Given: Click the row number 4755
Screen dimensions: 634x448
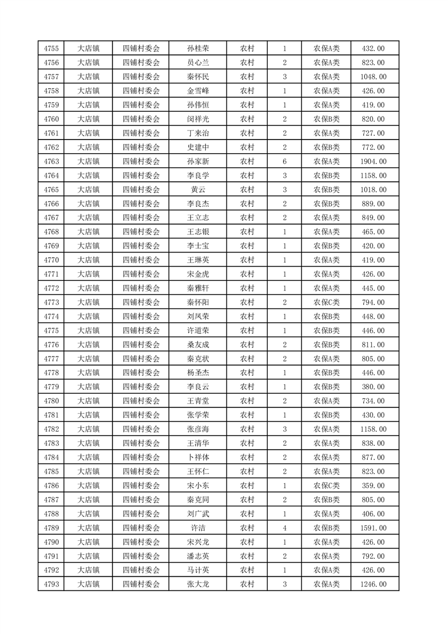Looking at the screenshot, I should [51, 49].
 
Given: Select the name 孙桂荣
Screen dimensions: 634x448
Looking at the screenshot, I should [198, 49].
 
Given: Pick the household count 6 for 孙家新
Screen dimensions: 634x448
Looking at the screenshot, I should [285, 162].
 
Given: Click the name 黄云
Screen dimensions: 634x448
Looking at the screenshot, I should [198, 190].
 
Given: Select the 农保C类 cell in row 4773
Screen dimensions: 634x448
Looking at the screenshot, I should [327, 302].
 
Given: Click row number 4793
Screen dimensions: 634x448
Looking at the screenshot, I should [51, 584].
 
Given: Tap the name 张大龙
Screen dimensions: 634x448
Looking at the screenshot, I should [198, 584].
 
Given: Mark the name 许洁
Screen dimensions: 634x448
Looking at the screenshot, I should [198, 528].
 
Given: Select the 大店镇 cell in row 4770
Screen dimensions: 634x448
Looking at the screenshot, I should [88, 260].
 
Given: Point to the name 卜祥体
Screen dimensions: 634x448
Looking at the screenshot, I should [198, 457].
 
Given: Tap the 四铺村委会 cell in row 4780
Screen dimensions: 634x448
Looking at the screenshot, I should [141, 401].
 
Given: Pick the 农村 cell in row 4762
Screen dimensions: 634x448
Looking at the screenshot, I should [247, 147].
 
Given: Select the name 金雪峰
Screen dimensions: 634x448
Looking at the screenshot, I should [198, 91].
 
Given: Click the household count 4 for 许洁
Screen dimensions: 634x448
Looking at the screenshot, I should [285, 528].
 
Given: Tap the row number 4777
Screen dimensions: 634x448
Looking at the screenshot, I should [51, 359].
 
